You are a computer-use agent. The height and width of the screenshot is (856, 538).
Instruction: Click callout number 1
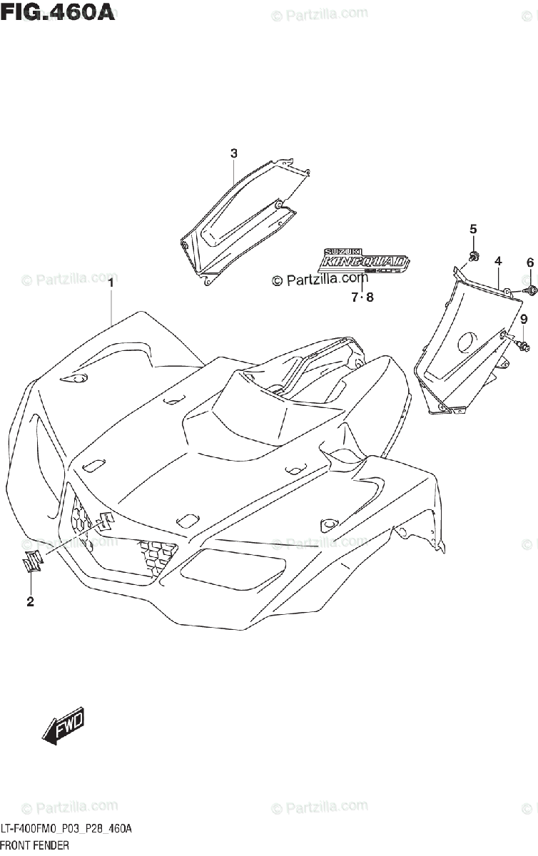111,283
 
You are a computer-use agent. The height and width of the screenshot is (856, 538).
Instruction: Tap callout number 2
31,601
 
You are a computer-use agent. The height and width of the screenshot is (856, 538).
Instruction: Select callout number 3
233,153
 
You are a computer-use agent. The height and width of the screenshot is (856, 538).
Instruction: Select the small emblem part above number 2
32,563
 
